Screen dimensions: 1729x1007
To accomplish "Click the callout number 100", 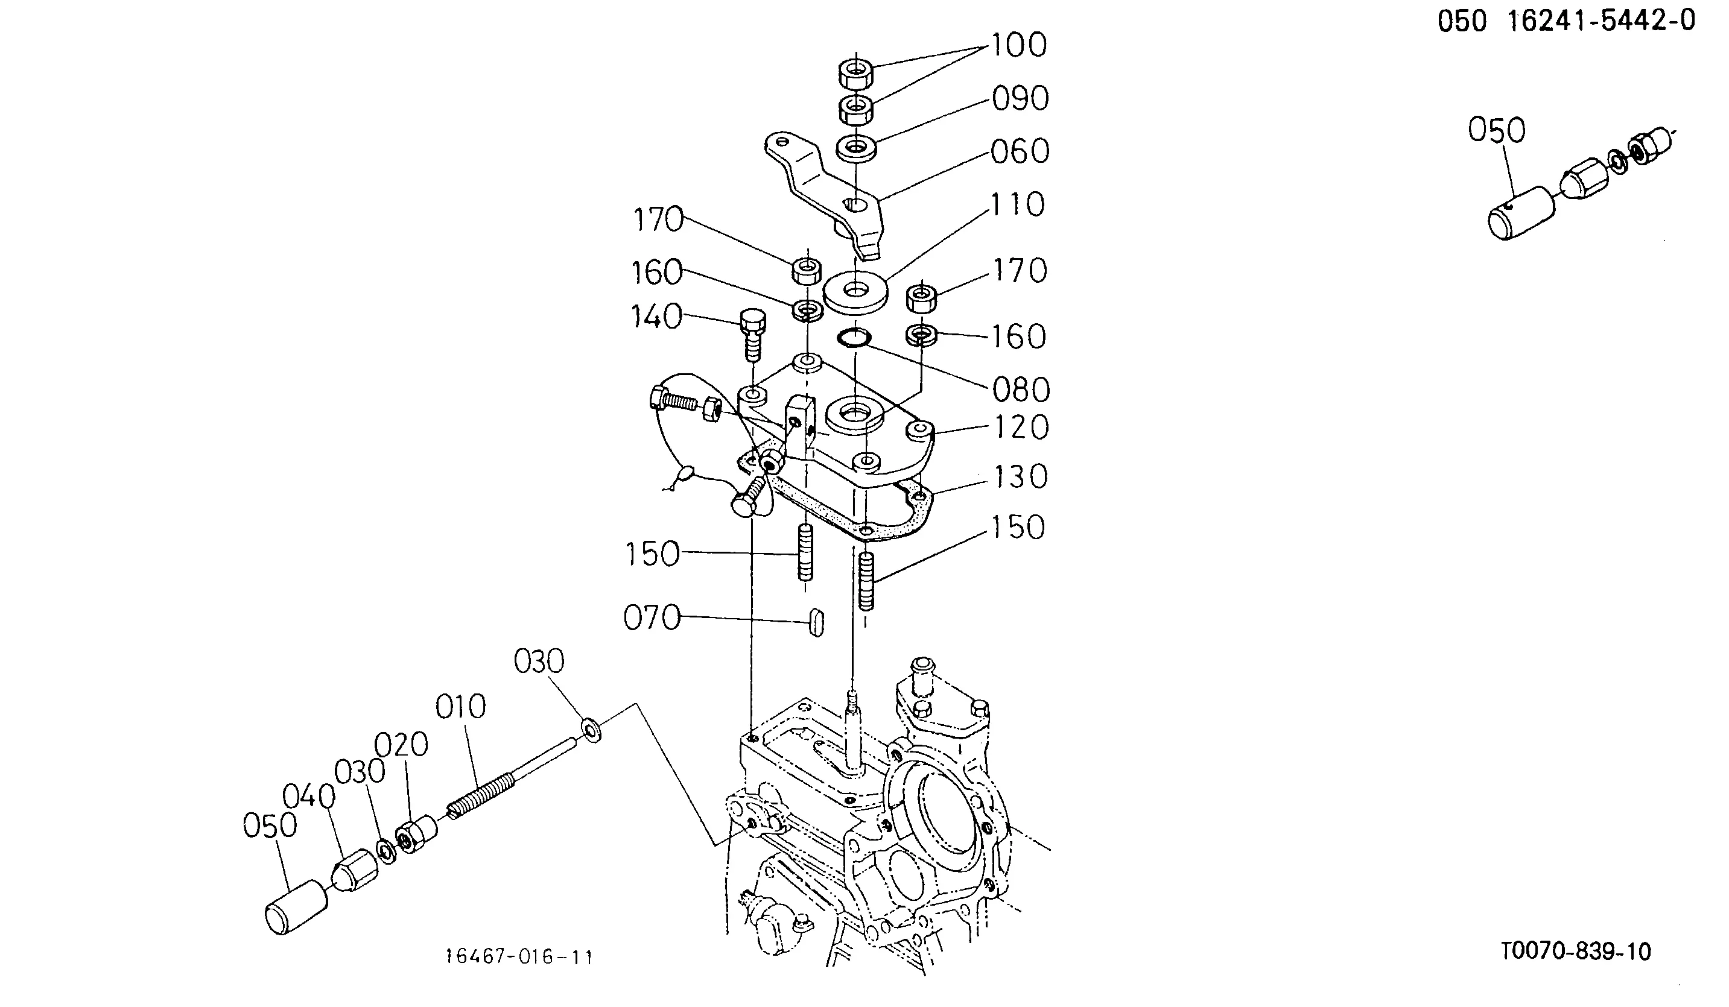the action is click(1018, 45).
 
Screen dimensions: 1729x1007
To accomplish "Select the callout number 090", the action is click(1020, 99).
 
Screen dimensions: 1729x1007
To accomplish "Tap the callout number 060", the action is click(1020, 151).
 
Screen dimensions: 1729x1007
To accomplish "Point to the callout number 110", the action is click(1018, 204).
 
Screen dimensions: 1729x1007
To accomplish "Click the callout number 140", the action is click(656, 317).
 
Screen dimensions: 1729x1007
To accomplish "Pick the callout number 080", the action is click(1021, 390).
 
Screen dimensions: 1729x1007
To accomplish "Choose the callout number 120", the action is click(1021, 428).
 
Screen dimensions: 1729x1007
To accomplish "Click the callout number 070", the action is click(652, 618).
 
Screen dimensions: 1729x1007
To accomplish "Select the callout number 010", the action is click(460, 707).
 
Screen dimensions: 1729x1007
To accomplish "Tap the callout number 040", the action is click(309, 797).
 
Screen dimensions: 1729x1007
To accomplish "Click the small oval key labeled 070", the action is click(816, 622).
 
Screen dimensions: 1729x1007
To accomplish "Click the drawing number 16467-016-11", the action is click(519, 957).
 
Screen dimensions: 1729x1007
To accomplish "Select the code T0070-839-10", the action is click(1576, 952).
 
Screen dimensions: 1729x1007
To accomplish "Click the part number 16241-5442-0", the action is click(1601, 21).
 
